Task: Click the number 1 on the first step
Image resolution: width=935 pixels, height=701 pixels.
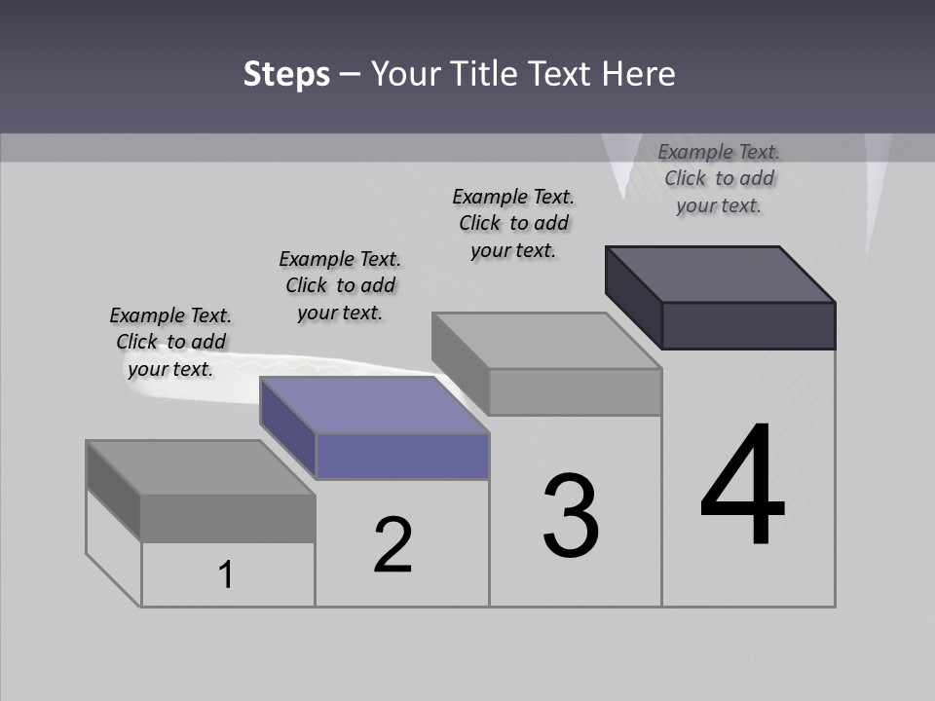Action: point(226,574)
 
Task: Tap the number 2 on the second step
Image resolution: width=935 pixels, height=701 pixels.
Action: point(393,544)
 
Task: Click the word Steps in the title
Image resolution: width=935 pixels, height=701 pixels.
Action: point(286,74)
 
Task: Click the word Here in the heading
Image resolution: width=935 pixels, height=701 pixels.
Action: point(639,74)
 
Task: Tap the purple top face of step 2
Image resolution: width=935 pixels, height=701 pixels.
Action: point(373,404)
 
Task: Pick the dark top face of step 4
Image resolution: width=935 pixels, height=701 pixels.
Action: point(720,274)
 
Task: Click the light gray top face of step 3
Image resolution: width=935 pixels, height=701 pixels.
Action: point(545,341)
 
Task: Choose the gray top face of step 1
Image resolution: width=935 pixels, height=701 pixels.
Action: point(200,467)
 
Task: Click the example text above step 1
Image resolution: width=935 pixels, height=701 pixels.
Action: point(170,342)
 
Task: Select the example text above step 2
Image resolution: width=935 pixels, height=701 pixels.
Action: point(340,285)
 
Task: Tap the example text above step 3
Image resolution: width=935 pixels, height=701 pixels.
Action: point(513,223)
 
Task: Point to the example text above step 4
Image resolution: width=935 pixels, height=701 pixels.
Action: point(719,178)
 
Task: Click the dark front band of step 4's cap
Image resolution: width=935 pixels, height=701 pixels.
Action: point(748,325)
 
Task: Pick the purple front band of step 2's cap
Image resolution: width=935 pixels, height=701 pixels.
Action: point(402,456)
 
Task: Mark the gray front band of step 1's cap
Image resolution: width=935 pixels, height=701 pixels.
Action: point(228,517)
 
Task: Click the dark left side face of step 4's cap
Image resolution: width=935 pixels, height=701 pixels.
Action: point(633,296)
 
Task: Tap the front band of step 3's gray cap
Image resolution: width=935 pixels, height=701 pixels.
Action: point(575,391)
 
